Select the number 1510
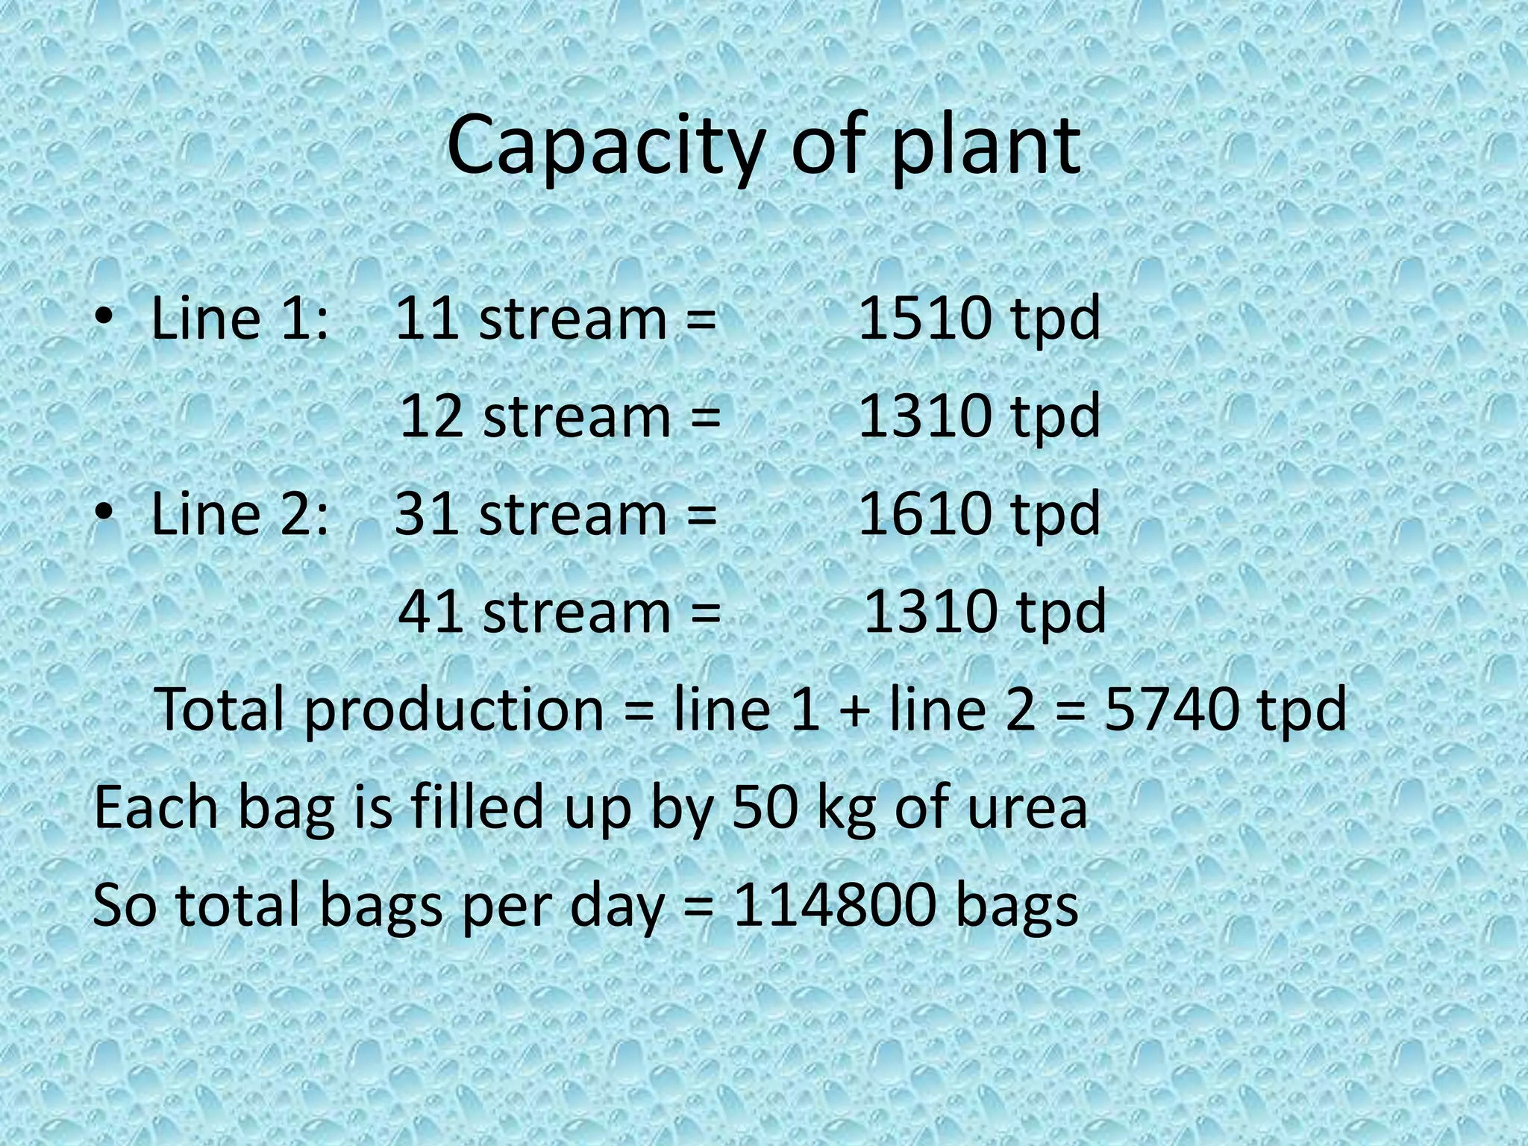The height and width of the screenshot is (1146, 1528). pos(925,319)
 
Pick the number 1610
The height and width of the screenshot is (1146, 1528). pos(925,513)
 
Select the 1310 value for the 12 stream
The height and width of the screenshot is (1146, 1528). pos(925,416)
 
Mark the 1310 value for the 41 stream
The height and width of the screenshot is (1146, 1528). pos(930,611)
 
